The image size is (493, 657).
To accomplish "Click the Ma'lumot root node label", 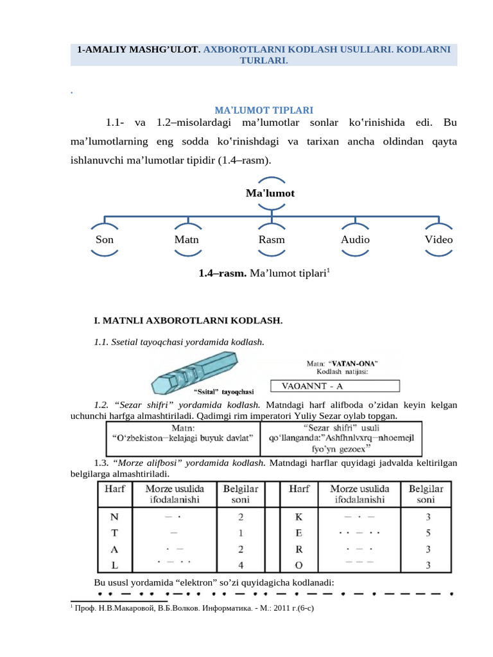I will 270,192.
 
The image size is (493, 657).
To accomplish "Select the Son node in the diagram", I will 104,239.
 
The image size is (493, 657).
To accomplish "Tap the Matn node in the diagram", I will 187,239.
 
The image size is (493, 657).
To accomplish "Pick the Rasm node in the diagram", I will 271,239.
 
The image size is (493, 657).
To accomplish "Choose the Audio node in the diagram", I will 355,239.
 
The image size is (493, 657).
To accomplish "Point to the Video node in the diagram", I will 438,239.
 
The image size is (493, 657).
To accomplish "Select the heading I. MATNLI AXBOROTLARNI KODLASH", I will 188,320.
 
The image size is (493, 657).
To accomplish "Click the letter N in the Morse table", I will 115,516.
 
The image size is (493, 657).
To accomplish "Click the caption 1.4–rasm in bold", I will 223,274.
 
